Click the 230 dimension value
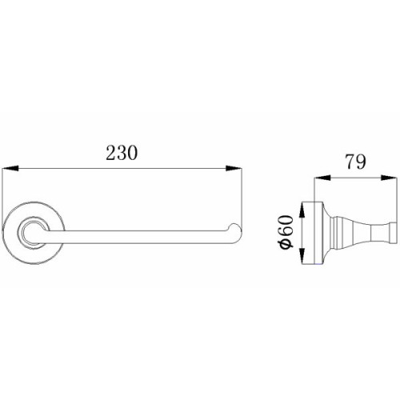click(122, 153)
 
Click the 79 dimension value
click(356, 162)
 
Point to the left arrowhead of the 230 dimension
click(10, 169)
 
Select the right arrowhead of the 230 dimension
click(234, 169)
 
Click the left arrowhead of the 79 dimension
click(322, 178)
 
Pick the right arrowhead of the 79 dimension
click(388, 178)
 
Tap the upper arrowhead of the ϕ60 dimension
click(302, 211)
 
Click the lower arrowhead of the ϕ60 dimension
click(302, 256)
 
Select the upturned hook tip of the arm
click(235, 227)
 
